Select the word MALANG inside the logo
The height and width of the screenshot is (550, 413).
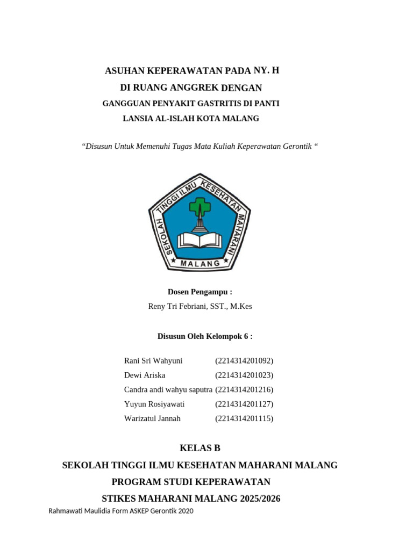[x=200, y=264]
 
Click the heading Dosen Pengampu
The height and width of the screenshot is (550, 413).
[x=200, y=292]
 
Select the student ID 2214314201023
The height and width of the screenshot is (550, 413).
[x=244, y=375]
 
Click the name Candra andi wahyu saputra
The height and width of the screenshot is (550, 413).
[x=168, y=389]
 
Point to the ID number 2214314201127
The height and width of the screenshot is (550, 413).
[x=244, y=404]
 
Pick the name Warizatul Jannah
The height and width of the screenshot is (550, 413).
[x=152, y=418]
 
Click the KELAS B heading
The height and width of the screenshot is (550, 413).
[x=200, y=448]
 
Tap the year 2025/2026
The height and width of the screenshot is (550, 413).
[x=260, y=498]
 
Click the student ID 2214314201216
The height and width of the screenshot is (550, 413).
[x=244, y=389]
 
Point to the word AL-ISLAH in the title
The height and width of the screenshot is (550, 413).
[x=163, y=118]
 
